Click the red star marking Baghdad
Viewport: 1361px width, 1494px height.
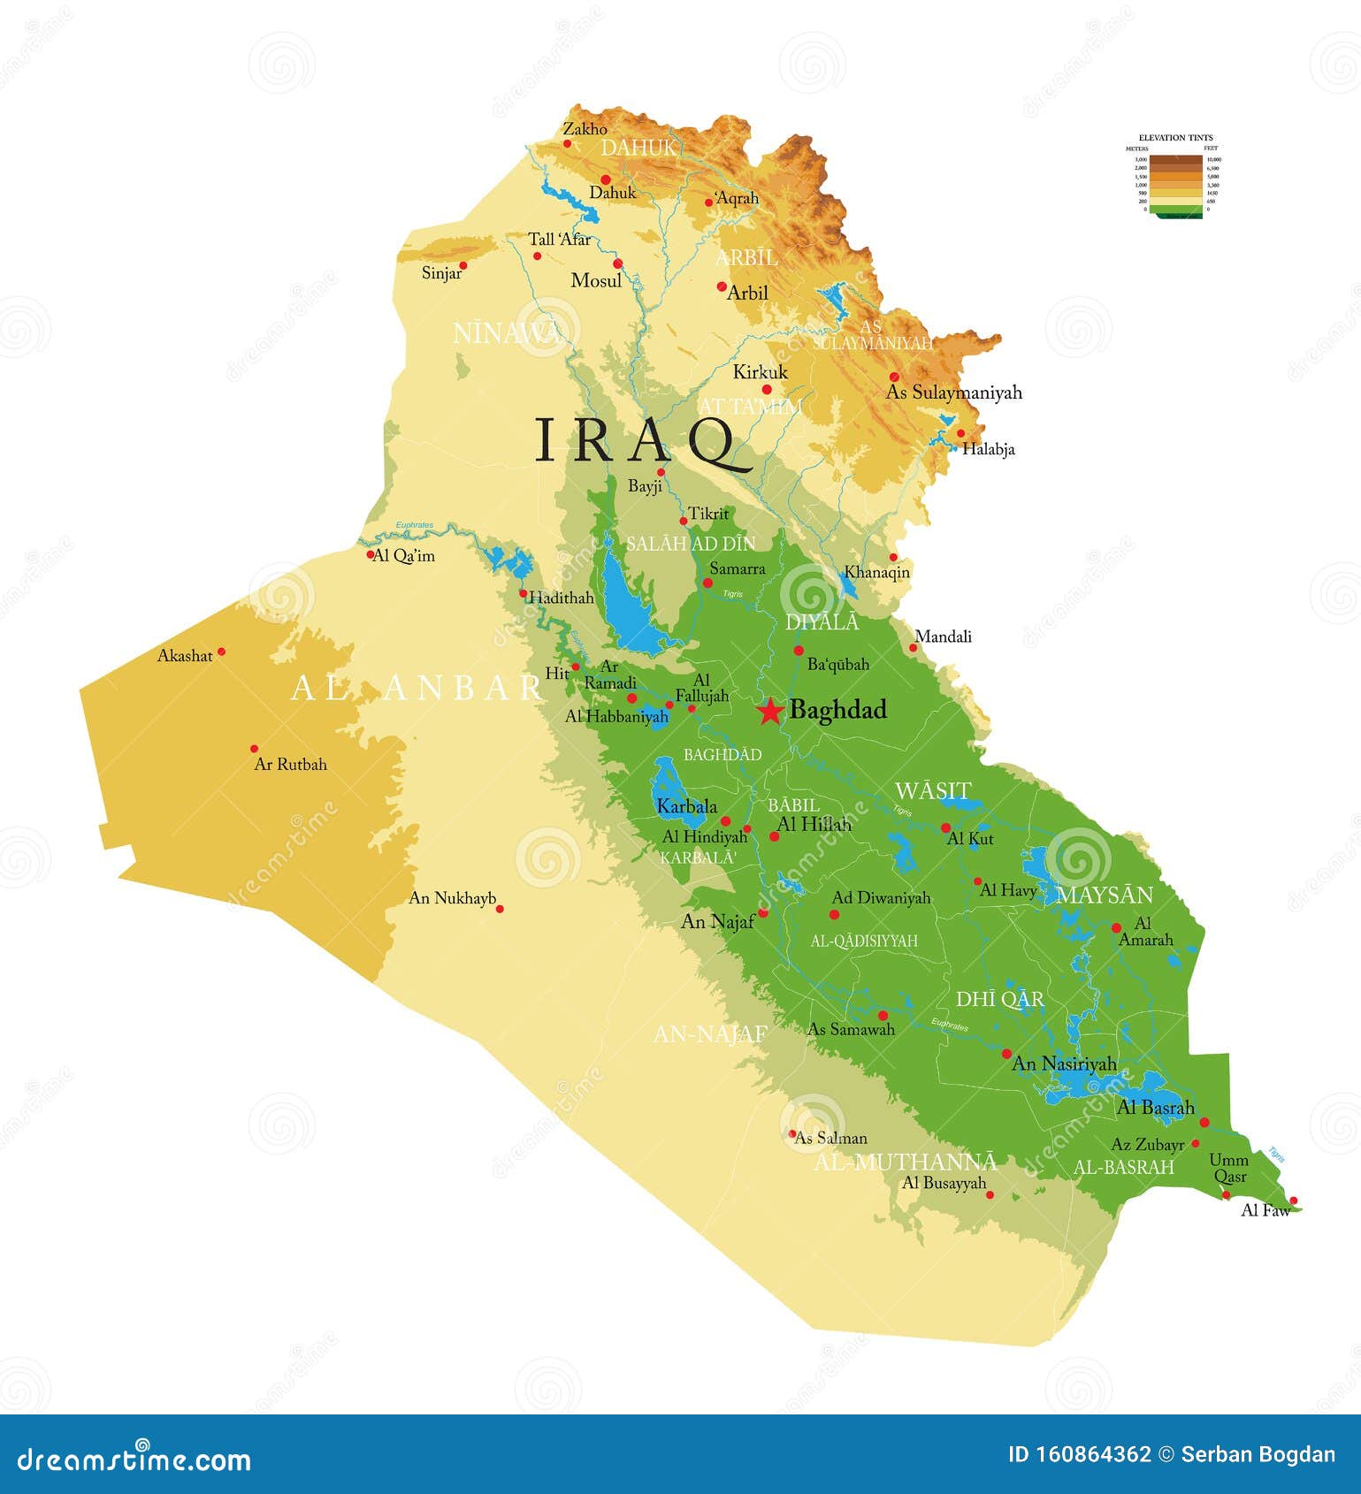[770, 711]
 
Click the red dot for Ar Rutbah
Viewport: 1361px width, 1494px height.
[255, 749]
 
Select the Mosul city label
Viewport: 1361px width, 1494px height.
[596, 281]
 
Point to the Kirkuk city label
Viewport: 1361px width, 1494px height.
[760, 372]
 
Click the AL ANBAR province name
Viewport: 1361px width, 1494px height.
[416, 689]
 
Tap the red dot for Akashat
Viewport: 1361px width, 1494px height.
[221, 652]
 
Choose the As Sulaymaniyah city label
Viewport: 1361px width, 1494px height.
[954, 393]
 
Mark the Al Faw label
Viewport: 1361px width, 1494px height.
[1265, 1211]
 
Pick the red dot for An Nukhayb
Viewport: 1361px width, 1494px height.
[500, 909]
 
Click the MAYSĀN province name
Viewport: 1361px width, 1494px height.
[1105, 895]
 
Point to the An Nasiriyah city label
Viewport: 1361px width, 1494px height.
[1064, 1064]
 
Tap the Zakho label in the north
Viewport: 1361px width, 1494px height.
[585, 129]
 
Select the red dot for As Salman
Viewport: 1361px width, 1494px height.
[793, 1134]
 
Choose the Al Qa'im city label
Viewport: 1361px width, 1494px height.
[403, 556]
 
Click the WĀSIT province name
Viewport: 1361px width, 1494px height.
[933, 790]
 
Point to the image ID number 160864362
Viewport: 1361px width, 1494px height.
[1103, 1455]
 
